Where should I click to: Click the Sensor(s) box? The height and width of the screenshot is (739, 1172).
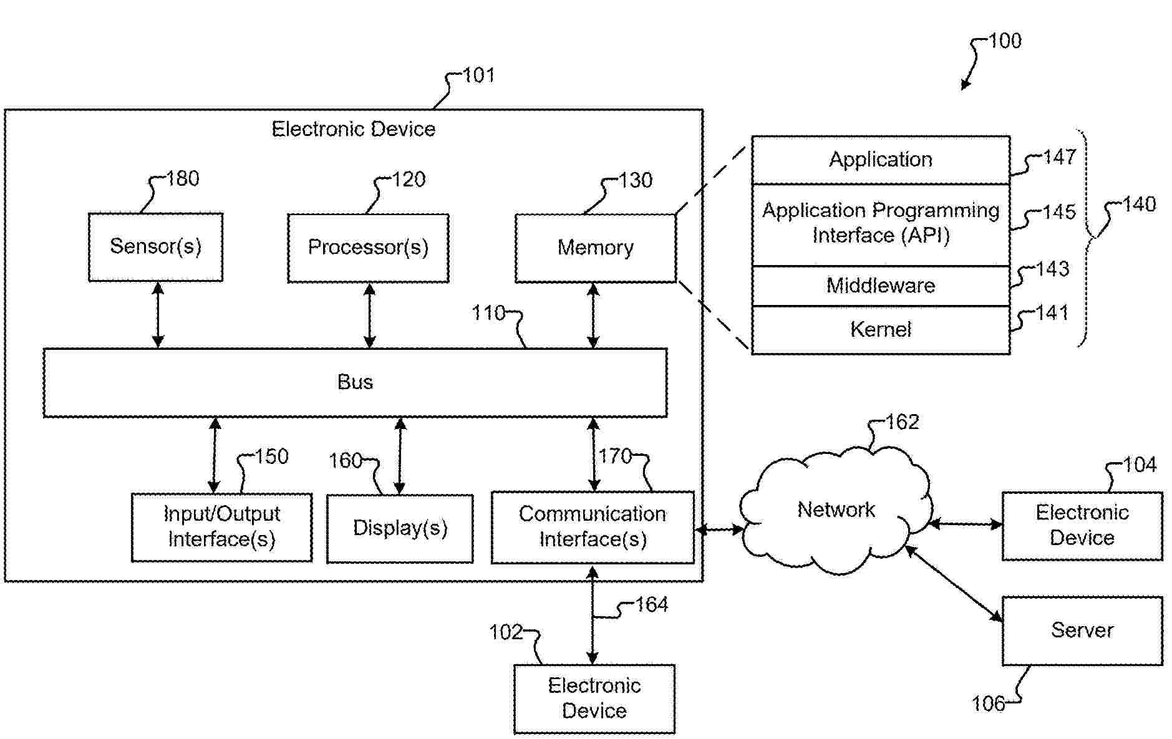click(x=155, y=247)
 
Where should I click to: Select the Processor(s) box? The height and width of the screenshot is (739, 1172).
click(x=368, y=248)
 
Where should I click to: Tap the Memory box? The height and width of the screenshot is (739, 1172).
click(x=596, y=248)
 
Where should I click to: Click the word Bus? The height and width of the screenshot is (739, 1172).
click(x=355, y=382)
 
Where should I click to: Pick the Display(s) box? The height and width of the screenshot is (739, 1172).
click(x=400, y=528)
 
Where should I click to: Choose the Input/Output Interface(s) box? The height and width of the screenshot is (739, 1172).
click(x=221, y=527)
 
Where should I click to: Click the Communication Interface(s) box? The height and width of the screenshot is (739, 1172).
click(x=593, y=527)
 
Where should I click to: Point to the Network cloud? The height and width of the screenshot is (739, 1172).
click(x=836, y=510)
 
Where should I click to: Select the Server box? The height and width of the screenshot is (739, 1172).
click(x=1082, y=630)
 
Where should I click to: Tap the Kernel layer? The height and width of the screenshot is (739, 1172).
click(x=880, y=329)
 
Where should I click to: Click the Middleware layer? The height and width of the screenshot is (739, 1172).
click(x=880, y=286)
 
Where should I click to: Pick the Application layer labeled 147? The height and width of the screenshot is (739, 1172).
click(x=880, y=160)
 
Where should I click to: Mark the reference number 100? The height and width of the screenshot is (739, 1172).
click(x=1005, y=41)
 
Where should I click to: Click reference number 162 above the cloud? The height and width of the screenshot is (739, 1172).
click(x=902, y=422)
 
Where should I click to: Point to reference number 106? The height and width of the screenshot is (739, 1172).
click(x=988, y=704)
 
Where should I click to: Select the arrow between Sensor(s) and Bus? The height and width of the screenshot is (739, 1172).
click(x=158, y=314)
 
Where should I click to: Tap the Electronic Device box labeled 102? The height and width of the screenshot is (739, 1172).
click(x=594, y=698)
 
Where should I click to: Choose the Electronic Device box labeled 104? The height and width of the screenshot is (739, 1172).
click(x=1082, y=525)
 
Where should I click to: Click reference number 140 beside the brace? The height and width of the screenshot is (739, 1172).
click(x=1139, y=205)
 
